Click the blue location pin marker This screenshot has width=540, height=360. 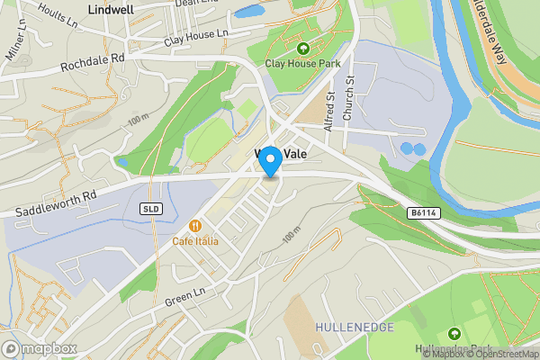click(269, 160)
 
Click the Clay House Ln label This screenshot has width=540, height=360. click(196, 38)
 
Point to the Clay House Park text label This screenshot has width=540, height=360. click(302, 63)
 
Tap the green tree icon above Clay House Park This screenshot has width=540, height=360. click(302, 49)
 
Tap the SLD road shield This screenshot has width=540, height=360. click(150, 209)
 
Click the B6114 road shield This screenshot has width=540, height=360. click(420, 212)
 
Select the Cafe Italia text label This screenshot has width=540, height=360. click(196, 241)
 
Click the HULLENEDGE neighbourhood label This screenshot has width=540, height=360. click(355, 326)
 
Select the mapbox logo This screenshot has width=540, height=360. click(40, 348)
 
